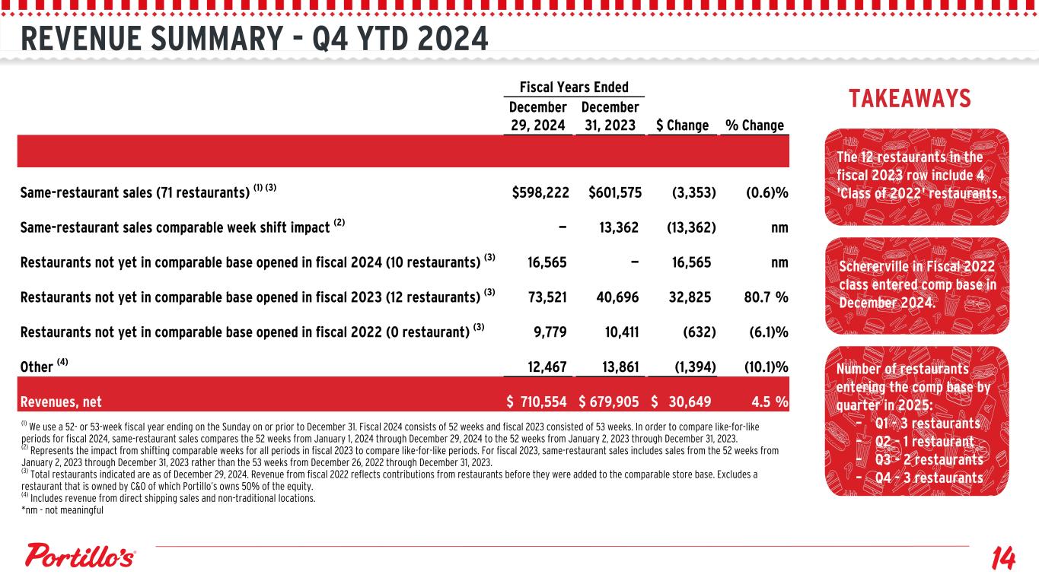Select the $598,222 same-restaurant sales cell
click(540, 193)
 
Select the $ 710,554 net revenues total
click(537, 401)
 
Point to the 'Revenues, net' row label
click(62, 401)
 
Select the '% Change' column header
click(754, 125)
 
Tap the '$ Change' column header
click(683, 125)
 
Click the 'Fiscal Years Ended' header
click(574, 87)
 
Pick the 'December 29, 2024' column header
click(537, 116)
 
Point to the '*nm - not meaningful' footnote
click(62, 510)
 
